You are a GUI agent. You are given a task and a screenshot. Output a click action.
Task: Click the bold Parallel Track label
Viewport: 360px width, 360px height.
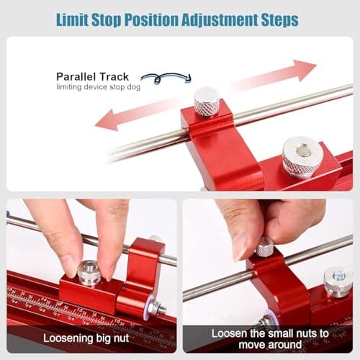click(92, 76)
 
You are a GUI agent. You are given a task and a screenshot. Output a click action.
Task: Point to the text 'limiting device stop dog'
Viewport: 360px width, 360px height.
click(97, 87)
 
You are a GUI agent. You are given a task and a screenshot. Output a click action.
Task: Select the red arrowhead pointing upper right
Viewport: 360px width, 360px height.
click(303, 70)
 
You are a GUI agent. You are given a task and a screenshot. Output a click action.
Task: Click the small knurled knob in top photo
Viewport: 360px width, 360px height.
click(207, 101)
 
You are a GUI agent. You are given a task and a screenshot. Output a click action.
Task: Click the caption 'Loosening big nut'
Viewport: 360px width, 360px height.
click(90, 337)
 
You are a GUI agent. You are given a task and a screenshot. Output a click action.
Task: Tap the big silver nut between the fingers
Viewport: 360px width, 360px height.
click(89, 272)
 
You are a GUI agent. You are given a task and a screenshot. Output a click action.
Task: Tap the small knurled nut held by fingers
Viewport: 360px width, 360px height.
click(265, 248)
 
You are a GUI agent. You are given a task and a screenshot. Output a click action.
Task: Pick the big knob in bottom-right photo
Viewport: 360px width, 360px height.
click(337, 281)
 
